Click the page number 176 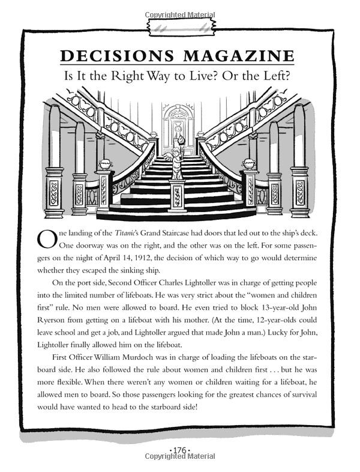pos(180,450)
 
